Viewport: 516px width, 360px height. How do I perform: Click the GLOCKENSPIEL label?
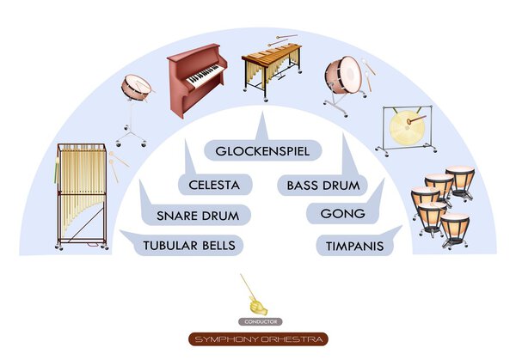[x=261, y=151]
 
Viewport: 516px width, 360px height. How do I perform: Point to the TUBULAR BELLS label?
[x=187, y=245]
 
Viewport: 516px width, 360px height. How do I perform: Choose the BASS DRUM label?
[x=322, y=183]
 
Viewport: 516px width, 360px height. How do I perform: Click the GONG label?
[x=343, y=214]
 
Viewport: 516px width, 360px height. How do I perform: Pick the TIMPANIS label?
[x=354, y=246]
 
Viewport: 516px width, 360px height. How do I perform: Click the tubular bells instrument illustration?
[x=81, y=193]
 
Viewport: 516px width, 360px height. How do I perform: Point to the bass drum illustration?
[x=343, y=79]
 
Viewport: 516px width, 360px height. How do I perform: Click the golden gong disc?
[x=401, y=128]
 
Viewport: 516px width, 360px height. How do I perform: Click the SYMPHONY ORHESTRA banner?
[x=259, y=339]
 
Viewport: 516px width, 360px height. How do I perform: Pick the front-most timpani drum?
[x=454, y=228]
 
